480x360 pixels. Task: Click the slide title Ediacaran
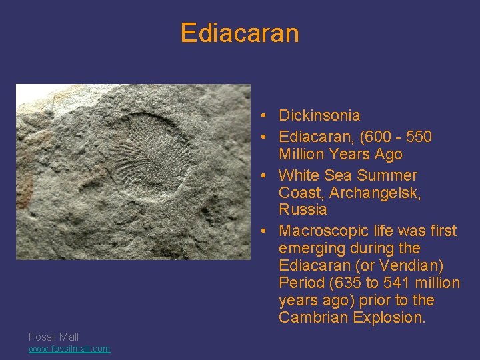tap(239, 33)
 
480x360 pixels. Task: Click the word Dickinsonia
tap(319, 115)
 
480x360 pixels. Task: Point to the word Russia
tap(303, 210)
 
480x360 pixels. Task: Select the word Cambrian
tap(311, 317)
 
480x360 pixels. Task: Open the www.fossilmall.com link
tap(69, 349)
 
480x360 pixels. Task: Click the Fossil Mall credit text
tap(53, 337)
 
